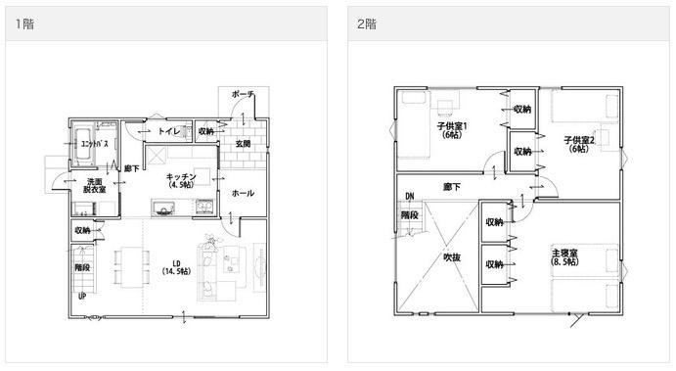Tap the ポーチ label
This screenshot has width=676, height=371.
pyautogui.click(x=243, y=94)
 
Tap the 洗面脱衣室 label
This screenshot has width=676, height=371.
pyautogui.click(x=95, y=186)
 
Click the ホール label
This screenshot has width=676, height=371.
pyautogui.click(x=243, y=193)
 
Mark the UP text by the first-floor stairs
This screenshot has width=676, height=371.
pyautogui.click(x=81, y=295)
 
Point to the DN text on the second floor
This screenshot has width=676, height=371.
pyautogui.click(x=408, y=196)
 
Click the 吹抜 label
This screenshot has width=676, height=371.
pyautogui.click(x=451, y=257)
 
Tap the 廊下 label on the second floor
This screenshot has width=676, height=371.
pyautogui.click(x=452, y=185)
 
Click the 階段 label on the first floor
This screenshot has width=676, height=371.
pyautogui.click(x=82, y=265)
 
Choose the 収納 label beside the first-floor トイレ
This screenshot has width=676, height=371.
pyautogui.click(x=205, y=130)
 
